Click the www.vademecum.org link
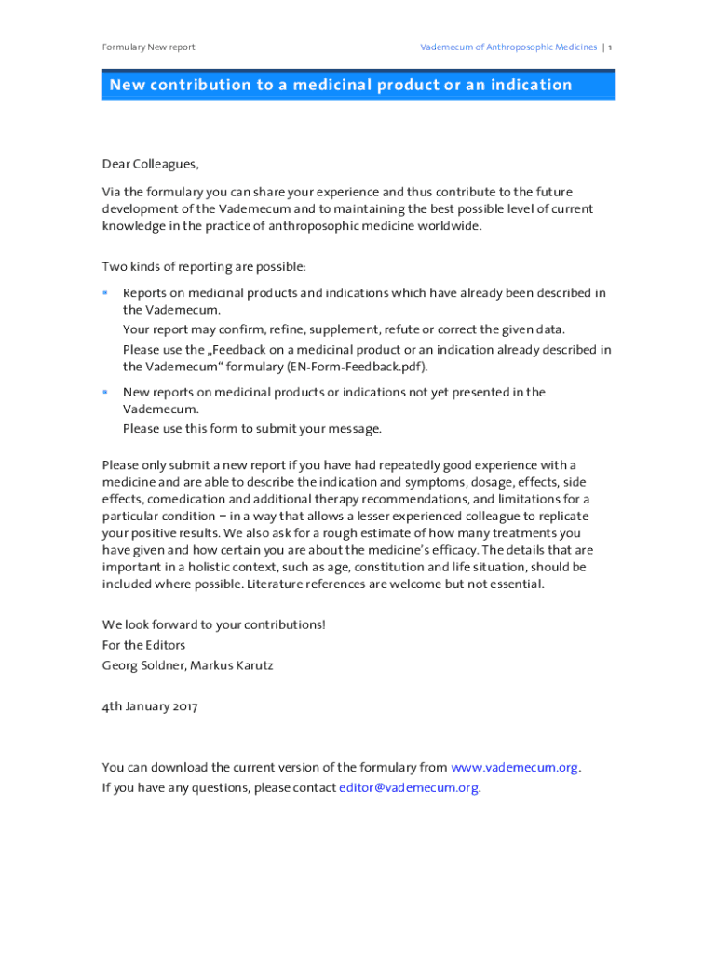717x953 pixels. coord(514,768)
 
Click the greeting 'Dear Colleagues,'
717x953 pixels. coord(150,165)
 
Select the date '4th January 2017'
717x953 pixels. coord(150,706)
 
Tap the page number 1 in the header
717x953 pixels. coord(611,47)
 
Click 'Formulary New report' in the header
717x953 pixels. coord(148,47)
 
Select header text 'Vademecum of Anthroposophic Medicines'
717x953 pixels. coord(508,47)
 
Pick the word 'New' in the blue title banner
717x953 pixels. coord(129,86)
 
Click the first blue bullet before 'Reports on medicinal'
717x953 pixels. coord(105,293)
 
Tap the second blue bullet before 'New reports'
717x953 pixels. coord(105,393)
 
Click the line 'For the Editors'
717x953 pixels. coord(143,645)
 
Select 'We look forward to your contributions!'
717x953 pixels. coord(213,624)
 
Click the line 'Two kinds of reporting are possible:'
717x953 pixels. coord(203,267)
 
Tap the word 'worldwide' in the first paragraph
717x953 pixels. coord(450,227)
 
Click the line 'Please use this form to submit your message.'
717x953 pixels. coord(252,429)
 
